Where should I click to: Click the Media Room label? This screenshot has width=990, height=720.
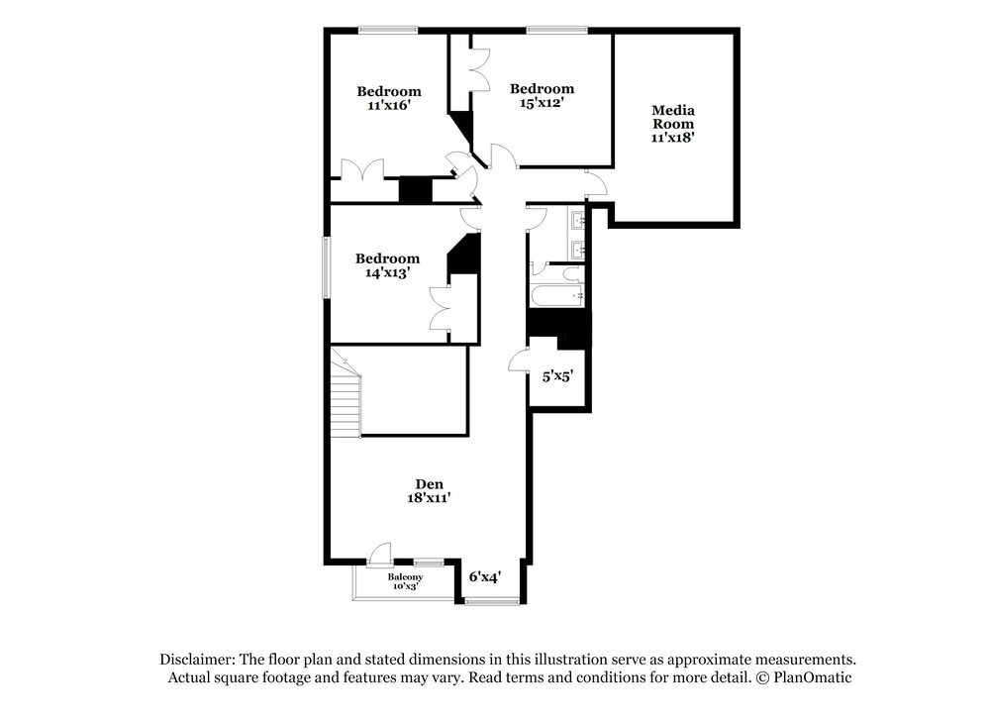pos(673,117)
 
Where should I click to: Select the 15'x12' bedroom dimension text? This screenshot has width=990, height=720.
pos(542,102)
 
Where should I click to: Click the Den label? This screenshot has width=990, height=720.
pos(429,484)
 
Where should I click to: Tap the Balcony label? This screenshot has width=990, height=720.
pos(405,577)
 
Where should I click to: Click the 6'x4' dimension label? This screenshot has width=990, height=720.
pos(484,575)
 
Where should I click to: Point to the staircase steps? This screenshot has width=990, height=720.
pos(346,401)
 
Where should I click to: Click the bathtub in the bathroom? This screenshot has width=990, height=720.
pos(556,296)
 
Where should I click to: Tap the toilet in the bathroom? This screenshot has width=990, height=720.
pos(573,272)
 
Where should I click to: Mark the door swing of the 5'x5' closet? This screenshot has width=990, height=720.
pos(519,360)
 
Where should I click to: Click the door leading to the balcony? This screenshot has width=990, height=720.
pos(379,555)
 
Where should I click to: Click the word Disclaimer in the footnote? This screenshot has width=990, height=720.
pos(196,660)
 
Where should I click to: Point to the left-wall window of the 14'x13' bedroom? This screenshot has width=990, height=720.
pos(325,266)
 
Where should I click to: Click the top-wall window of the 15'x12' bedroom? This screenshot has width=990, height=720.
pos(556,30)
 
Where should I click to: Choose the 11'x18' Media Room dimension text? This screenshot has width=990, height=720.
pos(673,139)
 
